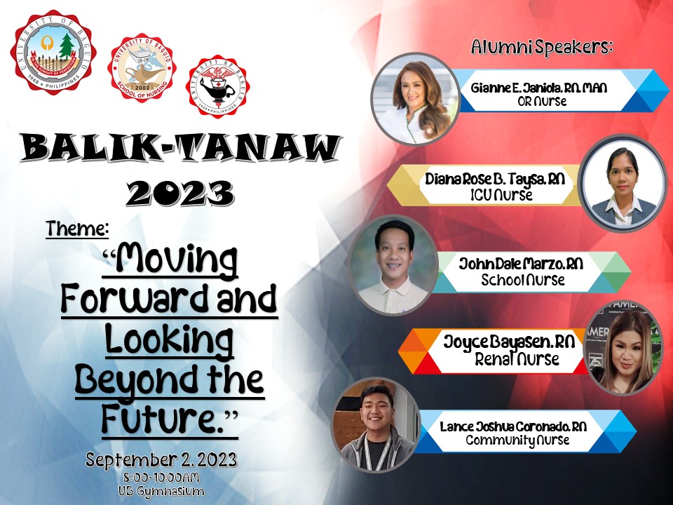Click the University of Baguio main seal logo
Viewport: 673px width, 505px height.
pos(53,53)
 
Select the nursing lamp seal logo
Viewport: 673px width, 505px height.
pos(217,86)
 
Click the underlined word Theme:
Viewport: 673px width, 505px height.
pos(78,229)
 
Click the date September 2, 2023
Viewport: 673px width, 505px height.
pos(161,460)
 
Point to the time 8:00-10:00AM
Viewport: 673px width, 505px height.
pos(161,478)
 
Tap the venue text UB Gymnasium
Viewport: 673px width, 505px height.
pos(161,491)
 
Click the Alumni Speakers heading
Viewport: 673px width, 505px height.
pos(542,47)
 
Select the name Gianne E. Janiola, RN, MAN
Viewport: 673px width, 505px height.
pos(538,88)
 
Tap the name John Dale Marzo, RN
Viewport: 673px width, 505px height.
pos(520,265)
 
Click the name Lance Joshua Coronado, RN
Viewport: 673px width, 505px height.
pos(513,426)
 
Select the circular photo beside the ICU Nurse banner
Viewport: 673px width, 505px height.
pos(623,182)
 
